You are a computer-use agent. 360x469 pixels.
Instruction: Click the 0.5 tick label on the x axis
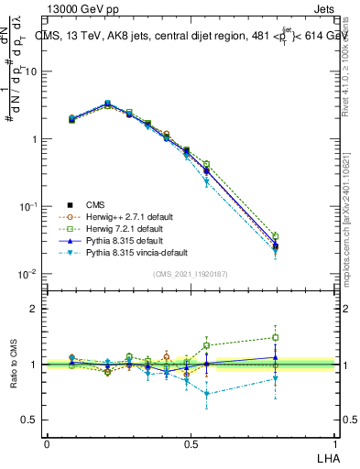coord(191,443)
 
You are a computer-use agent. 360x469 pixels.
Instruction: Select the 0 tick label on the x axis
coord(47,443)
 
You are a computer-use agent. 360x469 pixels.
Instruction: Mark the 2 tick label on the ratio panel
coord(35,310)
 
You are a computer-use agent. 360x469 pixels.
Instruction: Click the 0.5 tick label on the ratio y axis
coord(31,420)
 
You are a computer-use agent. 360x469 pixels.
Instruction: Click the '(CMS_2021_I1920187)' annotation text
coord(191,273)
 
